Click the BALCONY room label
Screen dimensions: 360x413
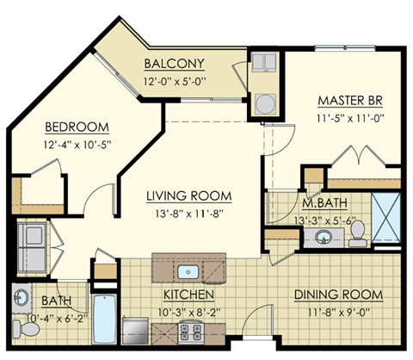pos(174,63)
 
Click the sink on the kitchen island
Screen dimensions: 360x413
pos(189,272)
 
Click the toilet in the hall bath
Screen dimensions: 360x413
pos(21,326)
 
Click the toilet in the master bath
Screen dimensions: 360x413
pos(357,231)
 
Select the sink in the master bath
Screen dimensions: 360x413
pos(324,238)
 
